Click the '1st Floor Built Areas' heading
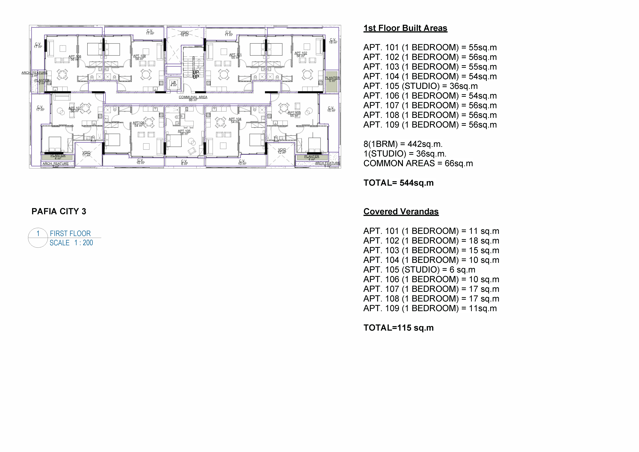coord(405,28)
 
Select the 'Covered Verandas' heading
coord(401,212)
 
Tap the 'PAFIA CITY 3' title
coord(59,212)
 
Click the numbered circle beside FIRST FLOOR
coord(38,238)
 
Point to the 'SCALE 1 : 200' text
coord(71,243)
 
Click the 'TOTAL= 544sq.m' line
coord(399,183)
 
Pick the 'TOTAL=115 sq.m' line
coord(399,328)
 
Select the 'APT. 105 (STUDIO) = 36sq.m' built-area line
coord(421,86)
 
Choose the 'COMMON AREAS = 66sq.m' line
coord(418,163)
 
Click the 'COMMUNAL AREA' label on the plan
coord(193,97)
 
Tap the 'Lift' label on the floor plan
coord(174,82)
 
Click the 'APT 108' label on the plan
coord(75,56)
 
